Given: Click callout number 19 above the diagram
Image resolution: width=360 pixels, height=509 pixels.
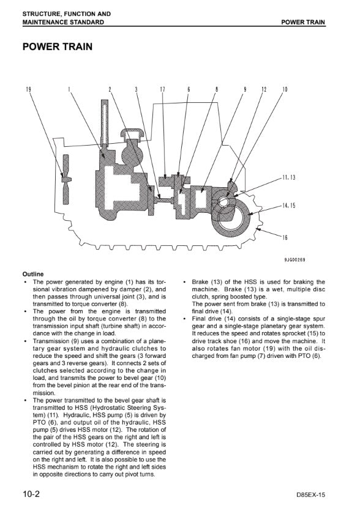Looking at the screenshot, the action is click(28, 89).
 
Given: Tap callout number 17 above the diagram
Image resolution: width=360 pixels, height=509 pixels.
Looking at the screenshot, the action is click(163, 89).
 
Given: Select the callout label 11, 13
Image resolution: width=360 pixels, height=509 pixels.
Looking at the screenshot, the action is click(289, 177).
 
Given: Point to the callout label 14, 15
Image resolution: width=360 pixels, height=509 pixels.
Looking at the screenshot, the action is click(289, 206).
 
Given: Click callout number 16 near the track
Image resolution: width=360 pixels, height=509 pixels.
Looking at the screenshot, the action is click(285, 237).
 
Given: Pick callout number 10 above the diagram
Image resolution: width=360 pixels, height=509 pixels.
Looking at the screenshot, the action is click(285, 89).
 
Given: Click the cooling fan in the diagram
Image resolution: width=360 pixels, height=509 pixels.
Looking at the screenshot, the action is click(66, 179).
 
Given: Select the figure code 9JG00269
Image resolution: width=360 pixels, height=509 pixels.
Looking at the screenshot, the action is click(294, 259).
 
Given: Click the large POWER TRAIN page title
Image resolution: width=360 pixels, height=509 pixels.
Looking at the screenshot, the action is click(58, 46).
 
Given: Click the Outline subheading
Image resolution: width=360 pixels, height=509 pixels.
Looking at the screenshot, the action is click(33, 274).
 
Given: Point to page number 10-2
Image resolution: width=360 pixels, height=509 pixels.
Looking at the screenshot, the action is click(31, 494).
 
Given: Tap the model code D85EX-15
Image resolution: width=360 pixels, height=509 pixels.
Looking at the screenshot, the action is click(310, 495).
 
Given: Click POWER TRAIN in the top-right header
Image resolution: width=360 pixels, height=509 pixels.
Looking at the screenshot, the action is click(303, 23).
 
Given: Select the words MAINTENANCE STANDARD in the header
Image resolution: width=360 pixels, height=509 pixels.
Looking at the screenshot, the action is click(63, 23).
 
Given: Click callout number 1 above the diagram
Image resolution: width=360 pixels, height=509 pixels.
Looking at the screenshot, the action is click(69, 89).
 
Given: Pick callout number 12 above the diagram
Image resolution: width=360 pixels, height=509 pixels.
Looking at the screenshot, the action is click(264, 89).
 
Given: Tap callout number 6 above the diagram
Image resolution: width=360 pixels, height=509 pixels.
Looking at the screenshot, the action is click(189, 89).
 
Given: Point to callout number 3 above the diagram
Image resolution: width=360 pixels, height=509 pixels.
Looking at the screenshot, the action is click(137, 89).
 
